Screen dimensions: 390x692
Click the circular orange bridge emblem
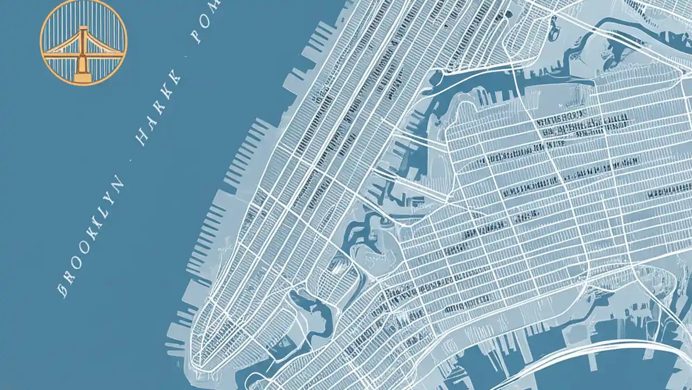click(x=83, y=42)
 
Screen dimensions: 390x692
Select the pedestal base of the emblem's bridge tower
click(x=83, y=77)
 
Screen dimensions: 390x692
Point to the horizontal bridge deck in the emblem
click(x=83, y=54)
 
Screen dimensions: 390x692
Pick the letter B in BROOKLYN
click(x=63, y=289)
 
